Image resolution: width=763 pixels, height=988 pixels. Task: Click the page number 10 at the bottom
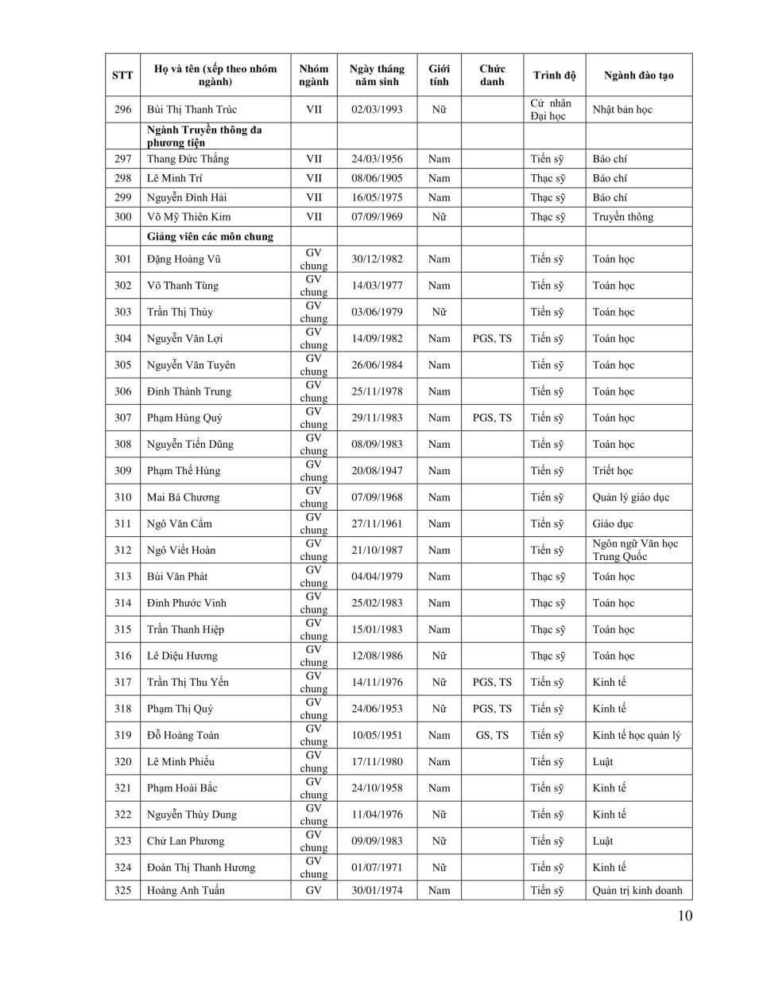(685, 915)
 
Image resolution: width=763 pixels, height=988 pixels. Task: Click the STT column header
(122, 76)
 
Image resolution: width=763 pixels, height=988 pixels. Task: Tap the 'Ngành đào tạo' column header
(638, 76)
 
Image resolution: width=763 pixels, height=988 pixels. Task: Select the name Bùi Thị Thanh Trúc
(192, 110)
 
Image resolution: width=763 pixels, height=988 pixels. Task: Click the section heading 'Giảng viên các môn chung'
(210, 236)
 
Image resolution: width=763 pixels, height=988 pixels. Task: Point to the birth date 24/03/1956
(377, 159)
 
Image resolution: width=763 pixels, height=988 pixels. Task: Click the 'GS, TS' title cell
(492, 735)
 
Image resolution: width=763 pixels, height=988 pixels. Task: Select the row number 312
(122, 550)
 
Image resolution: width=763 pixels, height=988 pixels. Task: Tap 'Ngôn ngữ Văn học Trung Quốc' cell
(635, 550)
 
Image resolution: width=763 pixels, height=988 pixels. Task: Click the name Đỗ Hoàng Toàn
(183, 735)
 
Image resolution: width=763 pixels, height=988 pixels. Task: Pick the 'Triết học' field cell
(612, 471)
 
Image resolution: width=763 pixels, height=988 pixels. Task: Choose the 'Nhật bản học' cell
(622, 110)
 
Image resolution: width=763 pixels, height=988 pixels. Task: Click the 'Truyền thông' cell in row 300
(622, 216)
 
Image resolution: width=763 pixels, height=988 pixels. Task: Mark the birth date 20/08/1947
(377, 471)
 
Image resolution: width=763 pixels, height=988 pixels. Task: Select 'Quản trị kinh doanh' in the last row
(637, 890)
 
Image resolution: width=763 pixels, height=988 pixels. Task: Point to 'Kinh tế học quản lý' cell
(636, 735)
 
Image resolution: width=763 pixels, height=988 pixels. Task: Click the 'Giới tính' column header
(439, 76)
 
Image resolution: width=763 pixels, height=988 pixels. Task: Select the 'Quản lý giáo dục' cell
(630, 497)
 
